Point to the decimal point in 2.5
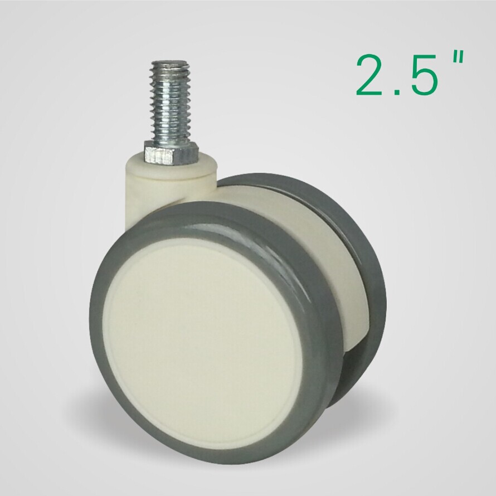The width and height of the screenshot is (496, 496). coord(396,91)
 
